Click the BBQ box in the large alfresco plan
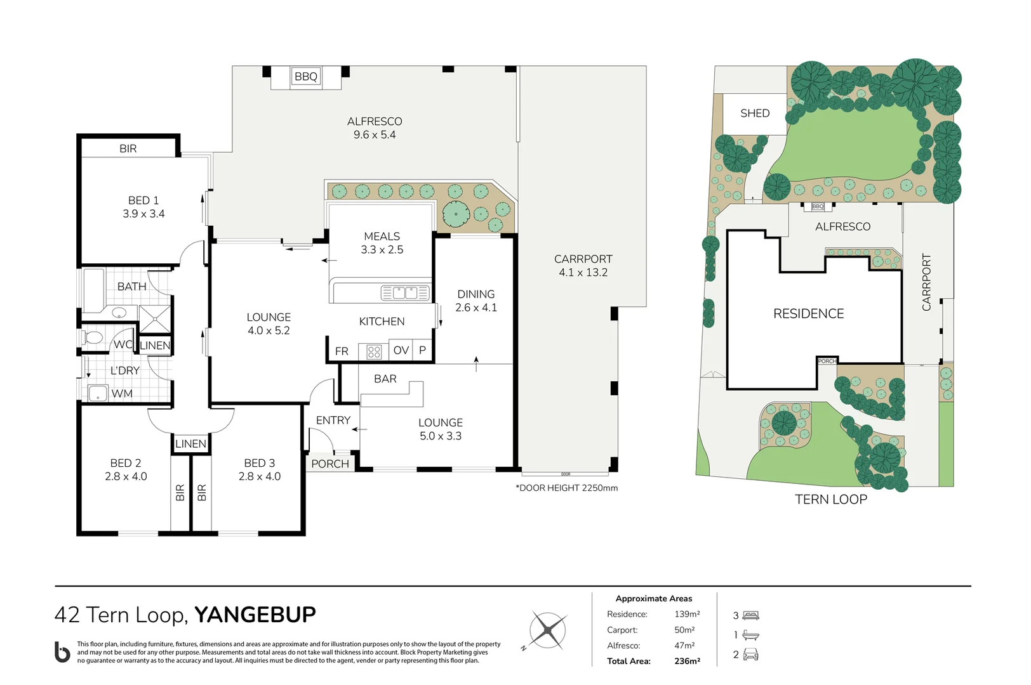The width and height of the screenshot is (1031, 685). click(305, 76)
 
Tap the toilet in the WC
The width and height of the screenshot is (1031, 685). click(92, 338)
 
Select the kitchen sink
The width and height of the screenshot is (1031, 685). click(405, 293)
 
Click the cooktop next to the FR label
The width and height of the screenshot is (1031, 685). click(374, 352)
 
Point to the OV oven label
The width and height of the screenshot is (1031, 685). click(401, 350)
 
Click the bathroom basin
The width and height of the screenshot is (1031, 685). click(119, 313)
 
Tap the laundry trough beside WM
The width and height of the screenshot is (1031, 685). click(98, 393)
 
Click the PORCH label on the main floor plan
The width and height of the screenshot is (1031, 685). click(330, 464)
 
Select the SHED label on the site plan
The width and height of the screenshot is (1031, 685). click(755, 113)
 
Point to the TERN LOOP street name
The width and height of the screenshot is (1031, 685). click(831, 499)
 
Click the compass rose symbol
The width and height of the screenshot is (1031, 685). click(547, 630)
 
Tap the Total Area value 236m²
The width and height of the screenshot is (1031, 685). click(687, 661)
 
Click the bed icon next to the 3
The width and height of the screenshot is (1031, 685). click(750, 615)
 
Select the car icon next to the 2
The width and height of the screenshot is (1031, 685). click(750, 654)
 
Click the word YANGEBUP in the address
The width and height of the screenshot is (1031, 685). click(255, 615)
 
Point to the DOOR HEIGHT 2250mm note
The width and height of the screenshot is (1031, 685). click(566, 488)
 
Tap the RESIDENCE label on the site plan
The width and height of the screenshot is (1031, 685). click(808, 313)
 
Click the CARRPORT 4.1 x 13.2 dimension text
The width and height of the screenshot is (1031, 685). click(583, 266)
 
